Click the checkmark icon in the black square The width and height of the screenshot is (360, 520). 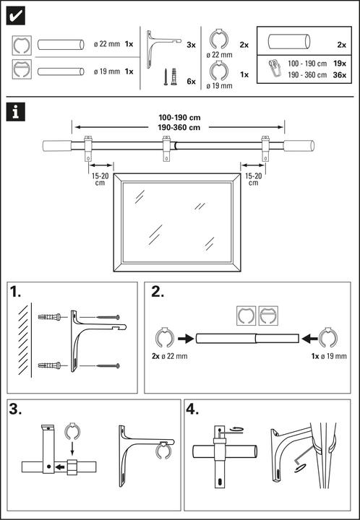16,16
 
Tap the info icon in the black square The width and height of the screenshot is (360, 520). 15,112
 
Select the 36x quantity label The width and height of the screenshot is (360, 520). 340,75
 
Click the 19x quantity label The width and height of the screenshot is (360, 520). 340,64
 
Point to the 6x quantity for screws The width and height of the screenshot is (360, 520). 192,81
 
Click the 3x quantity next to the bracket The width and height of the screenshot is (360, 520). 192,45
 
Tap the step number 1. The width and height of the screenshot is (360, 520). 16,292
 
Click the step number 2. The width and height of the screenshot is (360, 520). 158,292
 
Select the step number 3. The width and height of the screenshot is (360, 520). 16,409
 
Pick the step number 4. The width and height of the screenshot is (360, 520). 192,409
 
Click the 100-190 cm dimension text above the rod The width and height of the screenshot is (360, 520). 179,118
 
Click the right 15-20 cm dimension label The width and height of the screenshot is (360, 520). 253,179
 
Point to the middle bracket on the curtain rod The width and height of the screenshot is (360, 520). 166,148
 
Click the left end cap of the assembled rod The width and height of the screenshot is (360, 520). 57,146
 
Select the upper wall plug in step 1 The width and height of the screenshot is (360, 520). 50,317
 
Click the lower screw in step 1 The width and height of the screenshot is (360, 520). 108,365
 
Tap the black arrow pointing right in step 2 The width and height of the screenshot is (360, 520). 186,339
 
